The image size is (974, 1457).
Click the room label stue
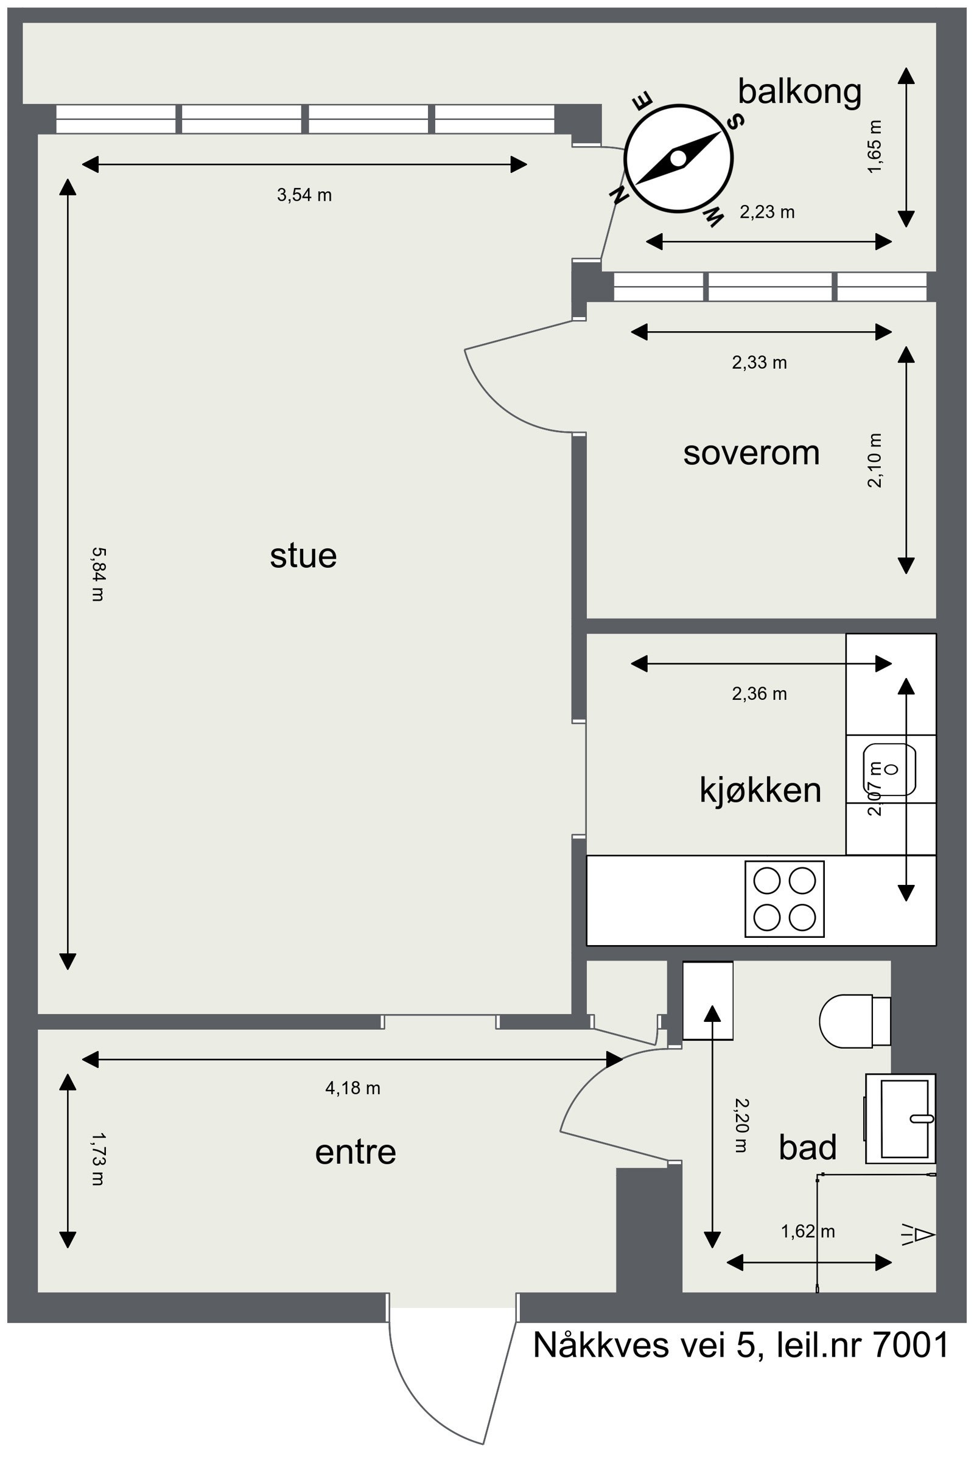click(303, 556)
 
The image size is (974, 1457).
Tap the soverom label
click(751, 453)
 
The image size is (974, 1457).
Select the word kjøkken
click(760, 790)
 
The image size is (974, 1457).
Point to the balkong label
click(799, 91)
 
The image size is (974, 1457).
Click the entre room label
click(356, 1152)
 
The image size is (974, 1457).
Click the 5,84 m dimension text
click(98, 574)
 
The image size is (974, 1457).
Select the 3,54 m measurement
click(304, 195)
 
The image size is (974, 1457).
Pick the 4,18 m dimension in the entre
click(353, 1088)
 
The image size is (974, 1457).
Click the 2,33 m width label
click(759, 363)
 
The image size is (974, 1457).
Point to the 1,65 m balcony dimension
click(875, 147)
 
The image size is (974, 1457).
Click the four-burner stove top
click(784, 899)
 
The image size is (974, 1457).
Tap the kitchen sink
click(890, 769)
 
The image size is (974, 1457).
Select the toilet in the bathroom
click(851, 1021)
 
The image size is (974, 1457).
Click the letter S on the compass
click(736, 122)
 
